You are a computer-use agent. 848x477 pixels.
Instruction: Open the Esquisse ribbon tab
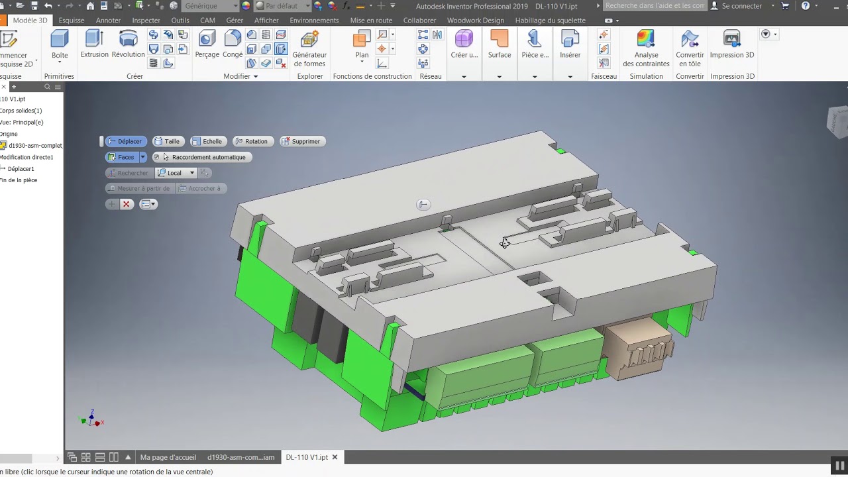(72, 21)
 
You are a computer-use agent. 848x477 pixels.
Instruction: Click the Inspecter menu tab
(146, 21)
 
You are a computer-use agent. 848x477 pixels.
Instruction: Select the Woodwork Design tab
(475, 21)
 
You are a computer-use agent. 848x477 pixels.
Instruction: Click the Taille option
(167, 141)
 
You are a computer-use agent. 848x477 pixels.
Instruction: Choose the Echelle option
(207, 141)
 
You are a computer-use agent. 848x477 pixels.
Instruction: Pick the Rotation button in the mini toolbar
(251, 141)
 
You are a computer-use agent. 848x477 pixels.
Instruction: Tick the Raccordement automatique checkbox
(157, 157)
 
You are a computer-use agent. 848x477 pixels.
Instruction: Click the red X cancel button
(126, 204)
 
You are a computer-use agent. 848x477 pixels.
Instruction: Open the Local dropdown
(191, 173)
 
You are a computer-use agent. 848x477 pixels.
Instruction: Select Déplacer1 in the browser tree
(21, 169)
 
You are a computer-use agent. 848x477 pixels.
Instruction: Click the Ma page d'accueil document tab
(168, 457)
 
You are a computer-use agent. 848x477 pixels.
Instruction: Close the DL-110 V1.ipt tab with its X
(335, 457)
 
